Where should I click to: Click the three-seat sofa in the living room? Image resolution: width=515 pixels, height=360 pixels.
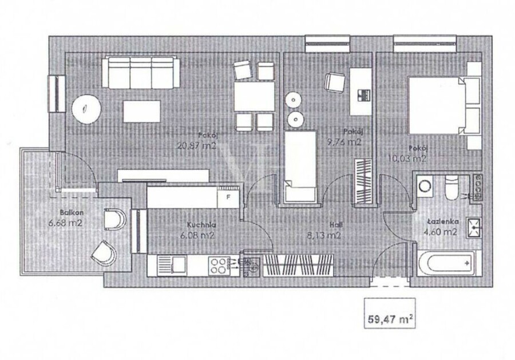coord(141,73)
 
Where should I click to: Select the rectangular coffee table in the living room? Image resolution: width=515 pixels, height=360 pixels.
coord(142,112)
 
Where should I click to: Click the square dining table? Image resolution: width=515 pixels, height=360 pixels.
coord(255,97)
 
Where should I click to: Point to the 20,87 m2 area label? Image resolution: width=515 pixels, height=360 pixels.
coord(197,145)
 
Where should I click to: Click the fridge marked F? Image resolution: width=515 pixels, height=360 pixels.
coord(228,197)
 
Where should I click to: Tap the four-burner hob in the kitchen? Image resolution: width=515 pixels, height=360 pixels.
coord(219,266)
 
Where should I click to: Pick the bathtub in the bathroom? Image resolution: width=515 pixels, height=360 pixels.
coord(446,263)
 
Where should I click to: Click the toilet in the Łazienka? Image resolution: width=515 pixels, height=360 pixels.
coord(451,188)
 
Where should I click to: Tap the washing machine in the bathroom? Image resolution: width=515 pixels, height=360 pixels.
coord(425,186)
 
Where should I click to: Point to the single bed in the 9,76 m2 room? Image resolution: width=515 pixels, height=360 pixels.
coord(300,166)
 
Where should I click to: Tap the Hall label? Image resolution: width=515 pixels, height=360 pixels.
coord(336,225)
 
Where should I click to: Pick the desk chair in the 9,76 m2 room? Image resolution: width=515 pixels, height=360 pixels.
coord(334,81)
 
